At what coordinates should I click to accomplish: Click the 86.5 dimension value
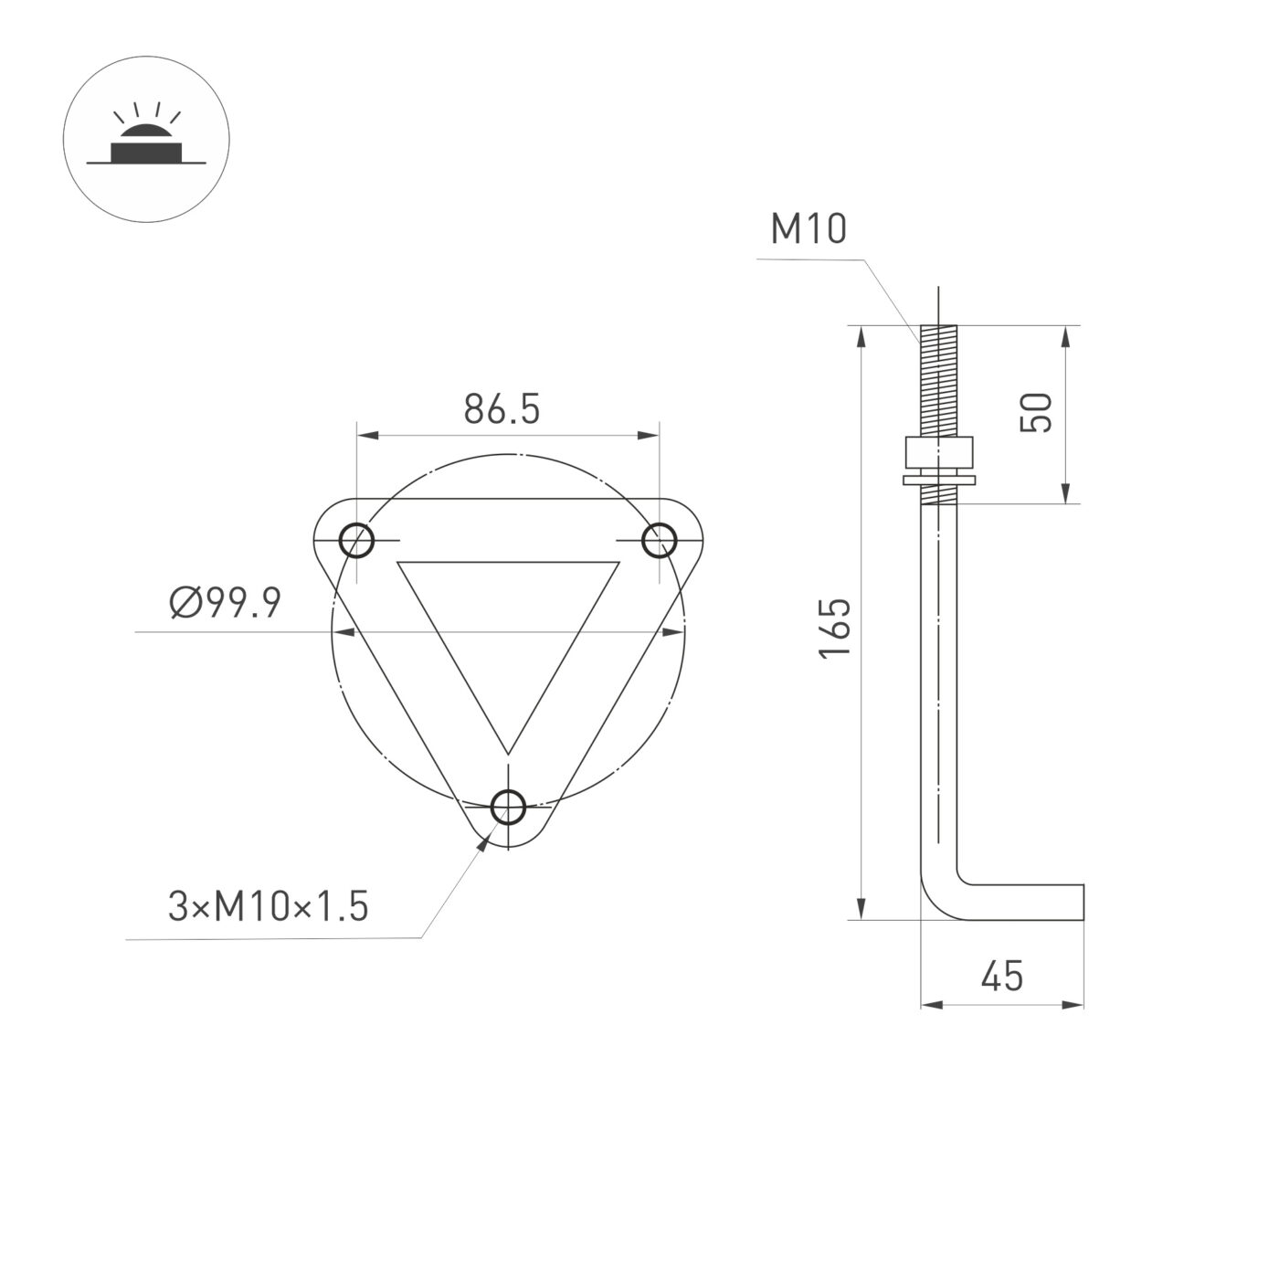502,408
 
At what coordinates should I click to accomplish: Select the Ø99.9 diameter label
226,604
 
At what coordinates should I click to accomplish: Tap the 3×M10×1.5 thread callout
268,907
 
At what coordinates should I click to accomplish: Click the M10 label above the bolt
809,229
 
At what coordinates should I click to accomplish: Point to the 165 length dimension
835,627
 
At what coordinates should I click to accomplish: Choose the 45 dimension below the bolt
1002,977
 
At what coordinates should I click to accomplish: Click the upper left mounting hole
357,541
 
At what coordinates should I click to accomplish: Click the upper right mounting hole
659,541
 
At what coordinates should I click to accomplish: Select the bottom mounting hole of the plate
508,808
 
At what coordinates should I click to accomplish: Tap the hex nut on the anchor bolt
938,452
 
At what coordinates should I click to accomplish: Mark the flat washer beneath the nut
938,480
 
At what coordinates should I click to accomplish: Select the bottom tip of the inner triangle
507,751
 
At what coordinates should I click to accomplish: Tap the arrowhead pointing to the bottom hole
481,843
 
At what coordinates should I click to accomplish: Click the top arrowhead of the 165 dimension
861,334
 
